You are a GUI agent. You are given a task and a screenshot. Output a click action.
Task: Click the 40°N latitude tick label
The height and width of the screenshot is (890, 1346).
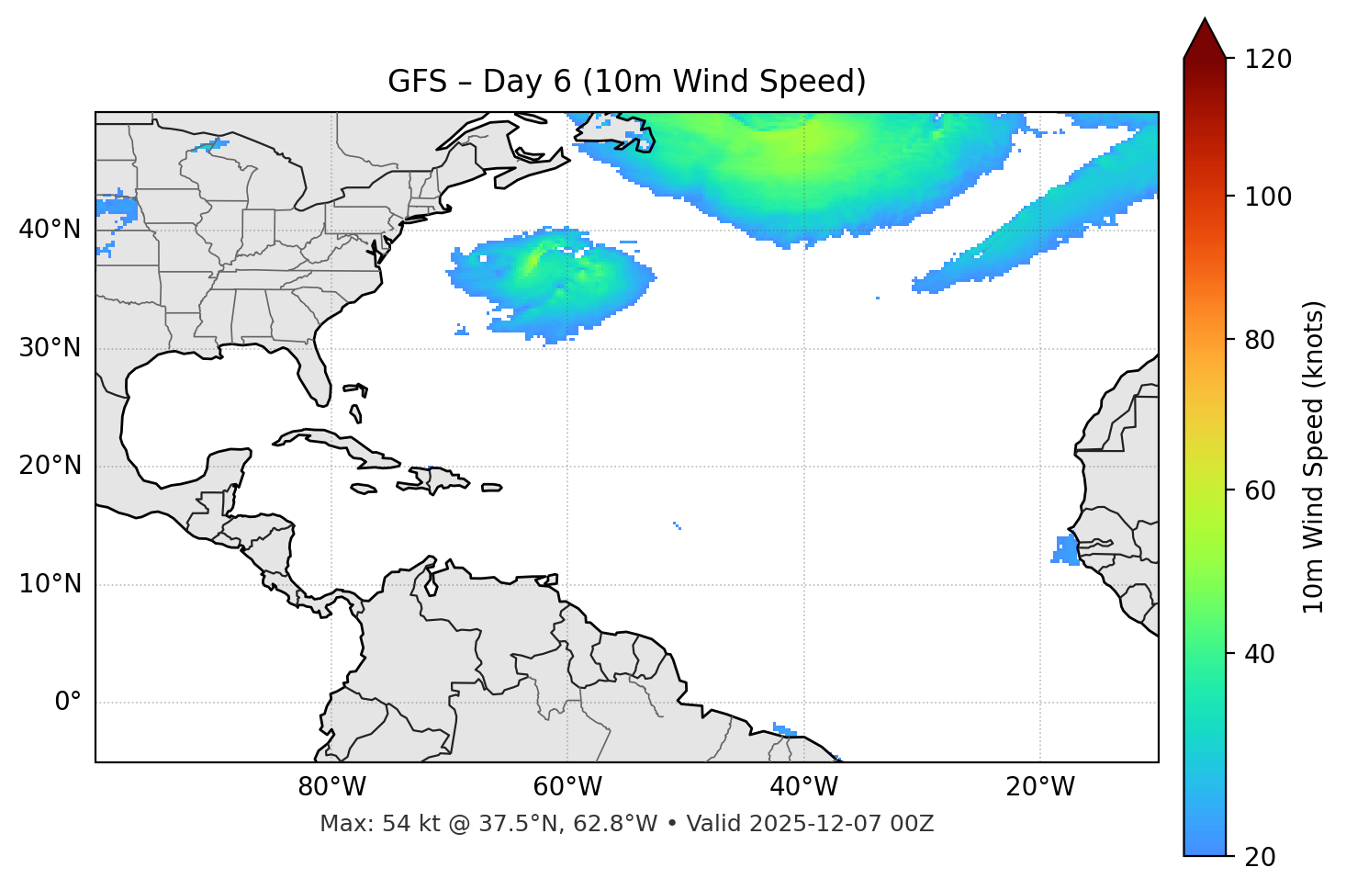pos(50,230)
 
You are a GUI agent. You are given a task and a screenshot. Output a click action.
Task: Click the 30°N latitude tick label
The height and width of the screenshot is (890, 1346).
pos(50,348)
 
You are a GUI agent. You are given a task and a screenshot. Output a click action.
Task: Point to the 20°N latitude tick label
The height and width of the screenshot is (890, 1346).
pos(50,466)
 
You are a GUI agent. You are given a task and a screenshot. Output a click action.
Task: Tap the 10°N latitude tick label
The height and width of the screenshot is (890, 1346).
pos(50,584)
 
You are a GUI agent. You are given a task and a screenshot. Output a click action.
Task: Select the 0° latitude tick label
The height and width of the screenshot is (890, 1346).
pos(68,703)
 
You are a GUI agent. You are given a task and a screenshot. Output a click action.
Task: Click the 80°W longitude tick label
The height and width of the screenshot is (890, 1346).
pos(331,787)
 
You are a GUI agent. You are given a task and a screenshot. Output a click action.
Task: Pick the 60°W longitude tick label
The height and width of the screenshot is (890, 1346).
pos(567,787)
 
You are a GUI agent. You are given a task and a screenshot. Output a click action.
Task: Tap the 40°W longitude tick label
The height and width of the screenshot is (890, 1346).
pos(803,787)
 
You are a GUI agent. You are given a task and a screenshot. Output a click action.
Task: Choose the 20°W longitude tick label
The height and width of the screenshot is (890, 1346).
pos(1039,787)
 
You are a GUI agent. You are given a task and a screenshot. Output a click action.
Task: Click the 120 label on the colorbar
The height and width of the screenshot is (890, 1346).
pos(1268,60)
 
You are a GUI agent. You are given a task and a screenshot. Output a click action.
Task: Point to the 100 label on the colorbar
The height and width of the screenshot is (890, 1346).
pos(1268,197)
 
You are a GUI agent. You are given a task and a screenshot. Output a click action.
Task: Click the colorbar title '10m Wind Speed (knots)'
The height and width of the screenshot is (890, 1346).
pos(1314,456)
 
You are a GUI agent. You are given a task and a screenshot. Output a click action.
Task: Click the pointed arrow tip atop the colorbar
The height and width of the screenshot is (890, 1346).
pos(1205,22)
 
